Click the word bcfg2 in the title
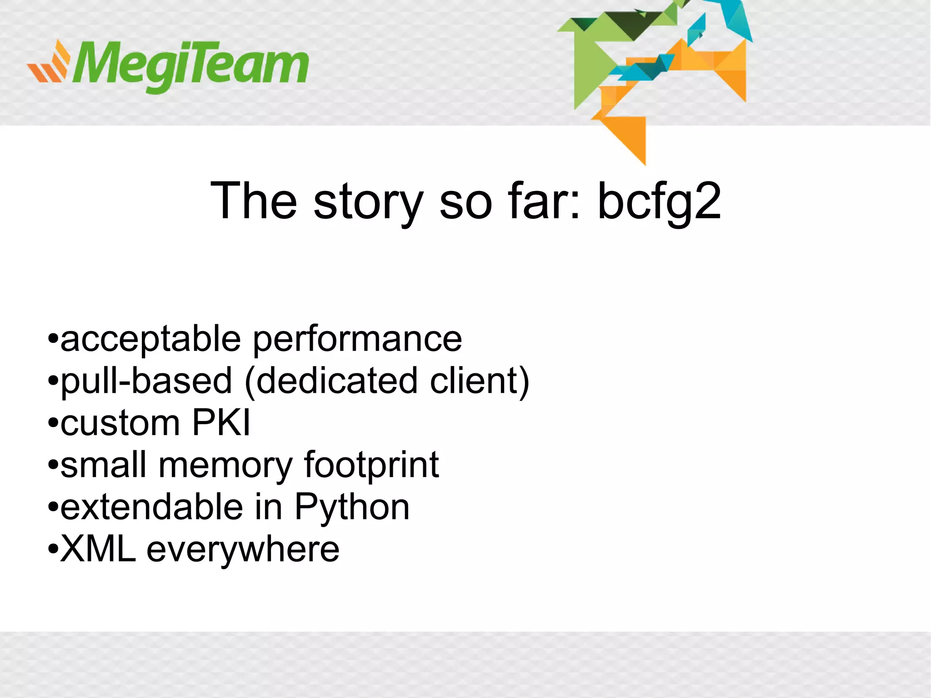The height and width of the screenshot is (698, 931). (x=659, y=201)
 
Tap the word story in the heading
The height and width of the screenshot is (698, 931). (x=368, y=201)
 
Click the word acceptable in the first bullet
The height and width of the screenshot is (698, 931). (x=150, y=339)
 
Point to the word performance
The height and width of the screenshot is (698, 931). (x=357, y=339)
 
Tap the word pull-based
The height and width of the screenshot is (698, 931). (x=146, y=381)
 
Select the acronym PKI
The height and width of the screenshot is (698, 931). (x=221, y=423)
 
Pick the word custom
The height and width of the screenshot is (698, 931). (x=120, y=423)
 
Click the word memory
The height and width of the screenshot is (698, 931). (x=225, y=465)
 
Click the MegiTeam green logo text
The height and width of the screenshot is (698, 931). (x=191, y=66)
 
